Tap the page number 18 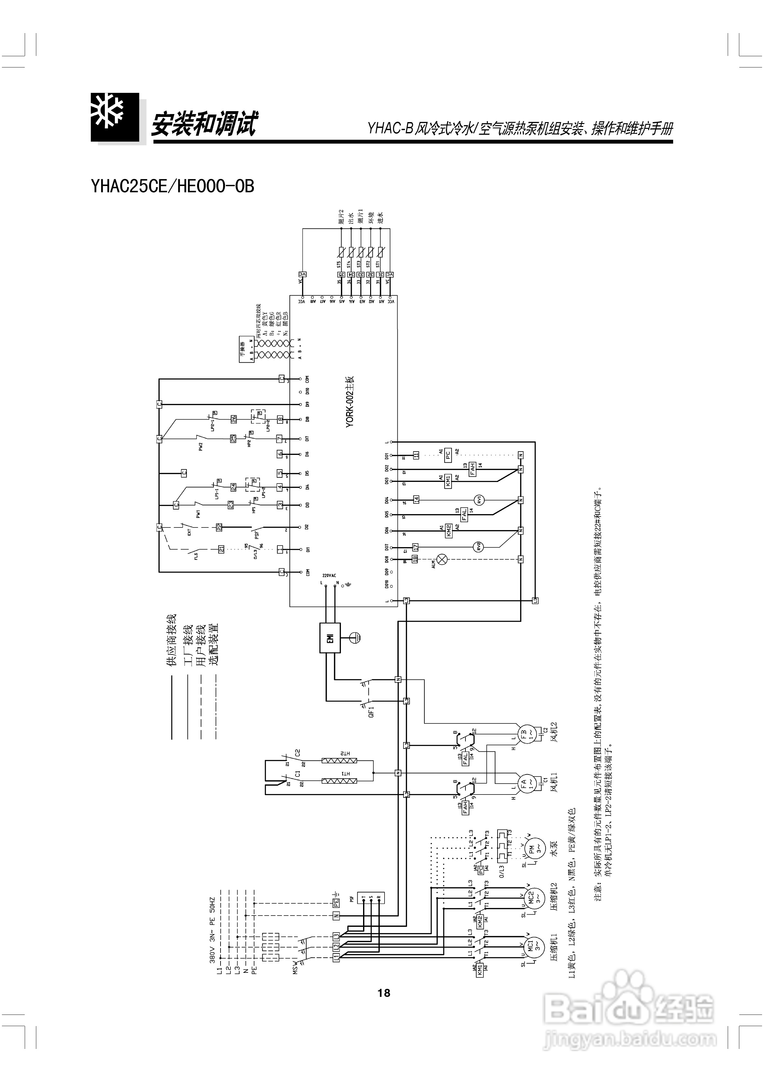[383, 993]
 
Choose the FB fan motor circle [523, 735]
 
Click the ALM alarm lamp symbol [442, 559]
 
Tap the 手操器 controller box [246, 350]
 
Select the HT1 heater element [339, 781]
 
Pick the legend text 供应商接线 [170, 640]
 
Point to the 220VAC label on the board [329, 575]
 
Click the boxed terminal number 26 [233, 419]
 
